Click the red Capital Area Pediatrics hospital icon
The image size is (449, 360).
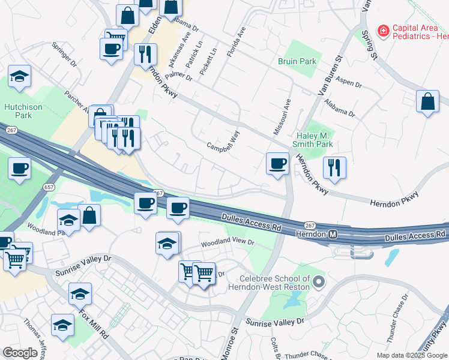point(382,31)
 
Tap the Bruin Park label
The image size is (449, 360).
point(298,62)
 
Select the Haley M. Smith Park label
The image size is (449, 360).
point(312,140)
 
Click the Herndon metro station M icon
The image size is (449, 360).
point(333,233)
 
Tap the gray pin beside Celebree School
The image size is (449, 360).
point(319,281)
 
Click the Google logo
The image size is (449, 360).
point(20,353)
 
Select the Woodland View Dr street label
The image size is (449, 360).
point(228,244)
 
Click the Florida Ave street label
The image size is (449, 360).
point(237,41)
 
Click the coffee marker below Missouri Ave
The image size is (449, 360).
point(277,163)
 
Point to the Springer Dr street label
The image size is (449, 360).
point(64,55)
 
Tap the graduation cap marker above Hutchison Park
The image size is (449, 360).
point(20,78)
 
